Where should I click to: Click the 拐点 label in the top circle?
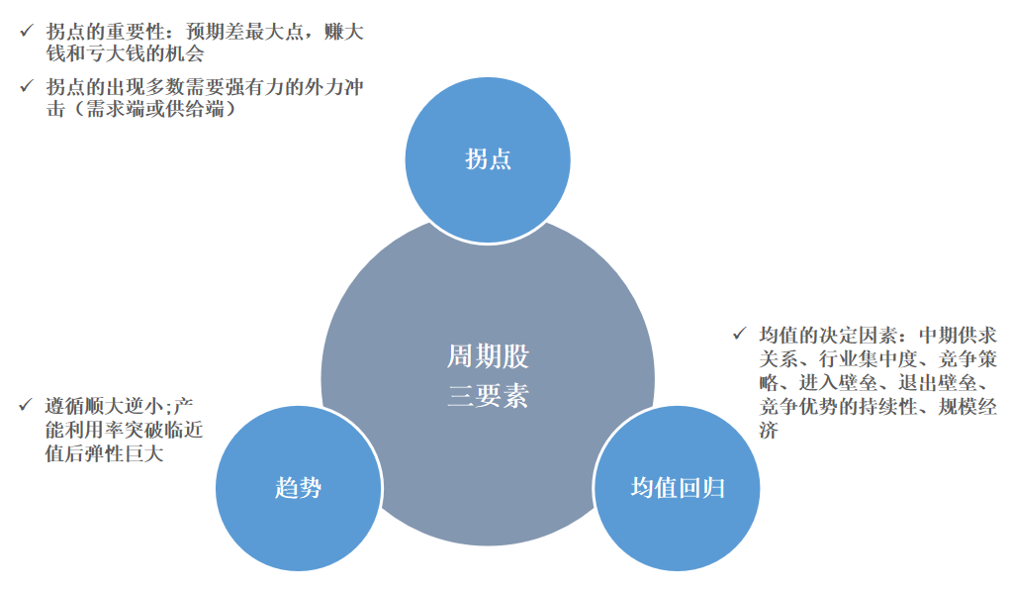[488, 158]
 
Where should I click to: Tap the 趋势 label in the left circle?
[298, 487]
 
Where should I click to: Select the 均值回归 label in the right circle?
[678, 487]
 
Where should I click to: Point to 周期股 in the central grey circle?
[488, 356]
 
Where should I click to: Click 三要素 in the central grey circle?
[488, 397]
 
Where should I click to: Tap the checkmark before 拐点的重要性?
[26, 31]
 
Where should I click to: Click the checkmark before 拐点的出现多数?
[26, 87]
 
